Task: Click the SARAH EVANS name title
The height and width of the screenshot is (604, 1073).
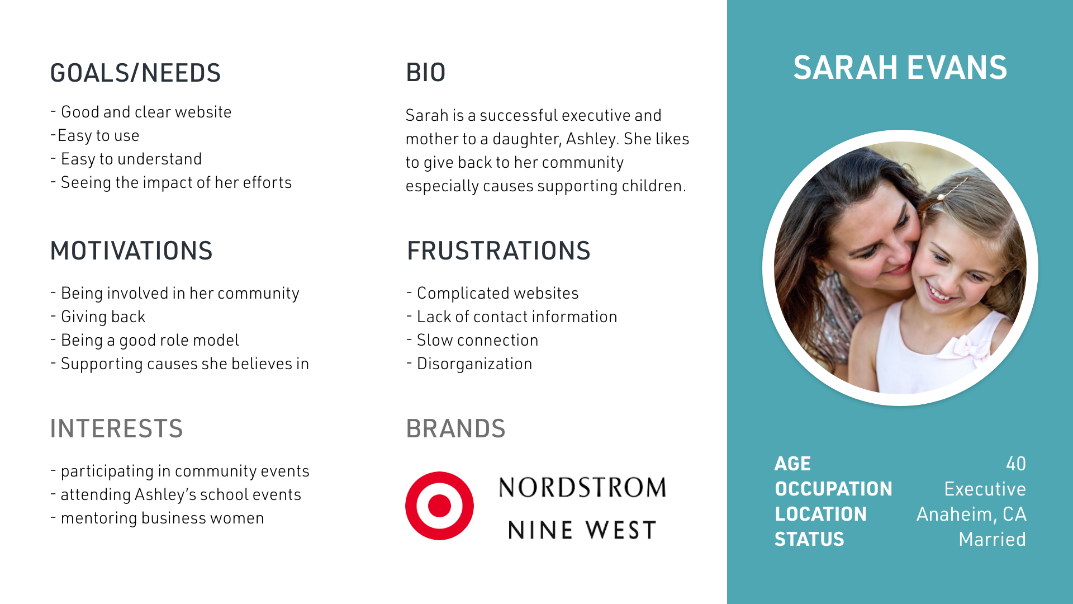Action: [900, 68]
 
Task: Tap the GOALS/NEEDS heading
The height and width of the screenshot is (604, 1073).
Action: [135, 73]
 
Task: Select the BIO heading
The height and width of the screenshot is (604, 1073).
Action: [425, 73]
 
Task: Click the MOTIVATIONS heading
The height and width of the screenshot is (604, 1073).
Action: [131, 251]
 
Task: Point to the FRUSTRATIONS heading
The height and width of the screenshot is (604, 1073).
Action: [498, 251]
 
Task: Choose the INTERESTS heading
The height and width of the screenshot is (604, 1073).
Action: [116, 429]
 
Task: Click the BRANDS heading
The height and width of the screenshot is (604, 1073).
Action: [455, 429]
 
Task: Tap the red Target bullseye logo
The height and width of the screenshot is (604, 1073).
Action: [439, 506]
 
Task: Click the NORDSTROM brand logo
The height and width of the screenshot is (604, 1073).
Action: [582, 488]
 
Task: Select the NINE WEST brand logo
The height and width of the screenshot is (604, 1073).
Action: [582, 530]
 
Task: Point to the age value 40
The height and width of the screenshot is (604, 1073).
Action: [1015, 464]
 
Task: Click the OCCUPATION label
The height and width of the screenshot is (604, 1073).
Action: [833, 489]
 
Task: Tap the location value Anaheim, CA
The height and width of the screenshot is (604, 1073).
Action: [971, 514]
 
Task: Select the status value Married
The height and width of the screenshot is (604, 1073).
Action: [992, 539]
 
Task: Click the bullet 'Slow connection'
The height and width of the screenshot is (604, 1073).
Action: [477, 340]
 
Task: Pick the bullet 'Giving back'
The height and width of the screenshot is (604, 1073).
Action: [103, 317]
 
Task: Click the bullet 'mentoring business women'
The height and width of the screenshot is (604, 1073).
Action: [162, 518]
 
